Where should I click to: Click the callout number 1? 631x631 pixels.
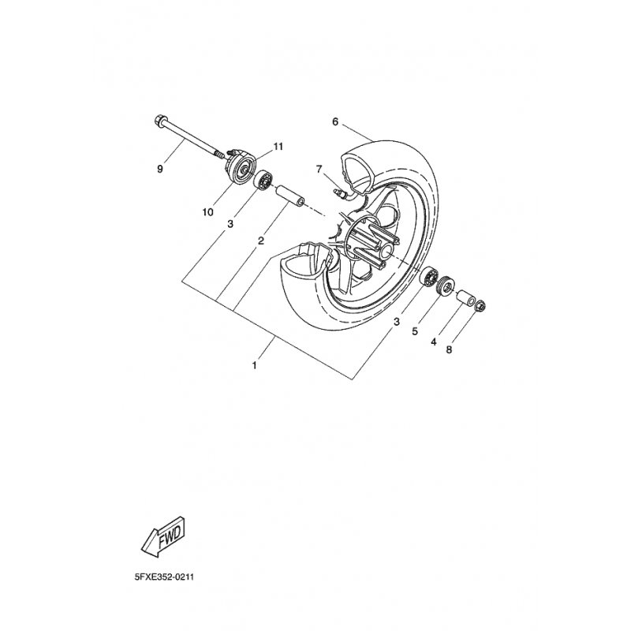[x=254, y=365]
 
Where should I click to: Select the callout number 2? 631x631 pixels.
[x=260, y=241]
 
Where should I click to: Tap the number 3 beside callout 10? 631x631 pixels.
[x=230, y=225]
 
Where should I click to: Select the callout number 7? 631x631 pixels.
[x=319, y=169]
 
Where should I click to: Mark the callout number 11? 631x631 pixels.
[x=256, y=147]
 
